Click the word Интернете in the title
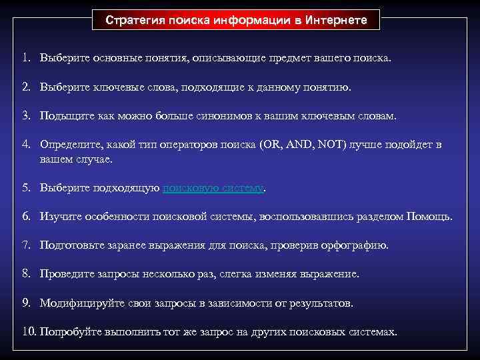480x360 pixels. pyautogui.click(x=337, y=20)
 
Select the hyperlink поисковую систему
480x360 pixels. pyautogui.click(x=213, y=188)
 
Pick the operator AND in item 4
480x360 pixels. pyautogui.click(x=303, y=145)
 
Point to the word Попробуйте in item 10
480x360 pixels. pyautogui.click(x=69, y=332)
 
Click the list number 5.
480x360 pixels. pyautogui.click(x=25, y=188)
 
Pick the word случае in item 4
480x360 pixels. pyautogui.click(x=95, y=159)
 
